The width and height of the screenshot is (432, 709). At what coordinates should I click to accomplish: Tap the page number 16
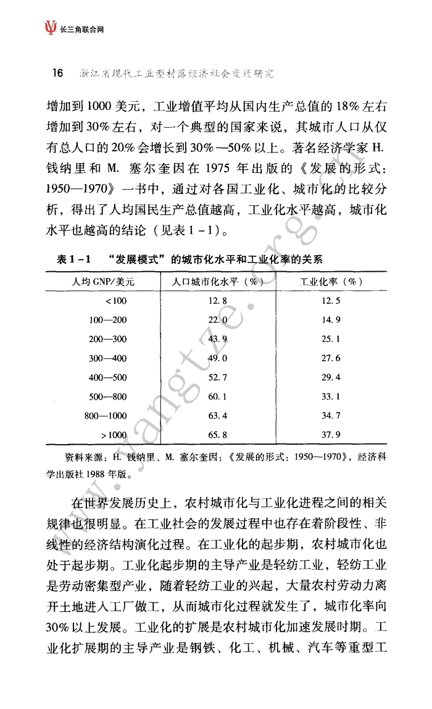[57, 73]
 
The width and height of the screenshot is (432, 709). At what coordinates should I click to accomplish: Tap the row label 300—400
[107, 358]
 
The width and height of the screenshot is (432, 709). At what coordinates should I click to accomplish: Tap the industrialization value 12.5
[331, 301]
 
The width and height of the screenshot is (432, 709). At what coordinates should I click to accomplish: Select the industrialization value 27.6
[331, 358]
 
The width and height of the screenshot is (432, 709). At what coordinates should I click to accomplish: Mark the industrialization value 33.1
[331, 396]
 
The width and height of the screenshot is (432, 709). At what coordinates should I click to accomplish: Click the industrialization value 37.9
[331, 435]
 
